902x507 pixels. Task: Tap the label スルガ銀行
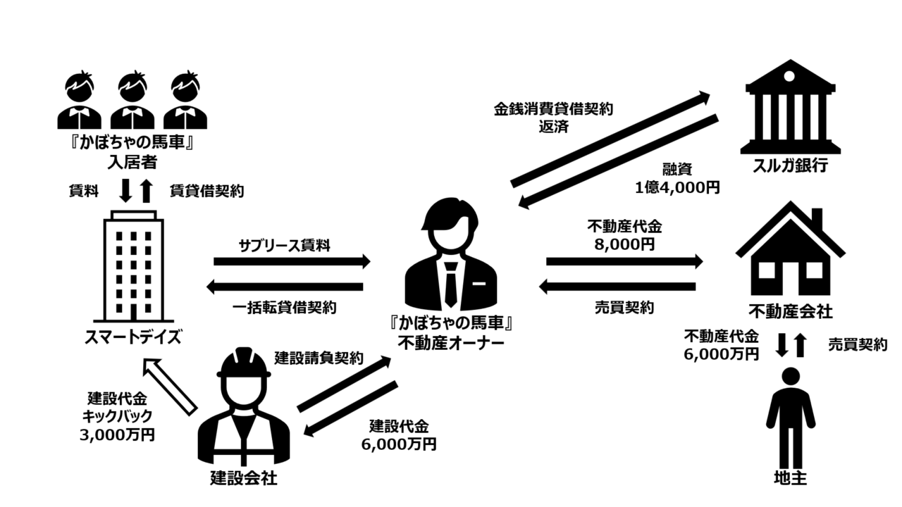pyautogui.click(x=790, y=166)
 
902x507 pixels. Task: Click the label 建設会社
pyautogui.click(x=244, y=479)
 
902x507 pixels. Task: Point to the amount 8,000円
pyautogui.click(x=624, y=244)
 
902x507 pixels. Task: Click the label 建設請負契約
pyautogui.click(x=319, y=358)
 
